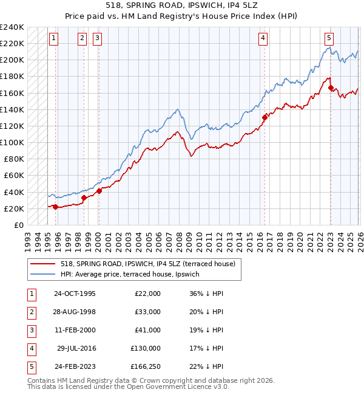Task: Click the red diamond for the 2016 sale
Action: point(265,117)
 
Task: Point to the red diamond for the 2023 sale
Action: point(331,88)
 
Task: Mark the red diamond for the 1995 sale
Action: point(56,207)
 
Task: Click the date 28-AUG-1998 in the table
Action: point(74,312)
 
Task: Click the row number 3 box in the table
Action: point(30,330)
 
